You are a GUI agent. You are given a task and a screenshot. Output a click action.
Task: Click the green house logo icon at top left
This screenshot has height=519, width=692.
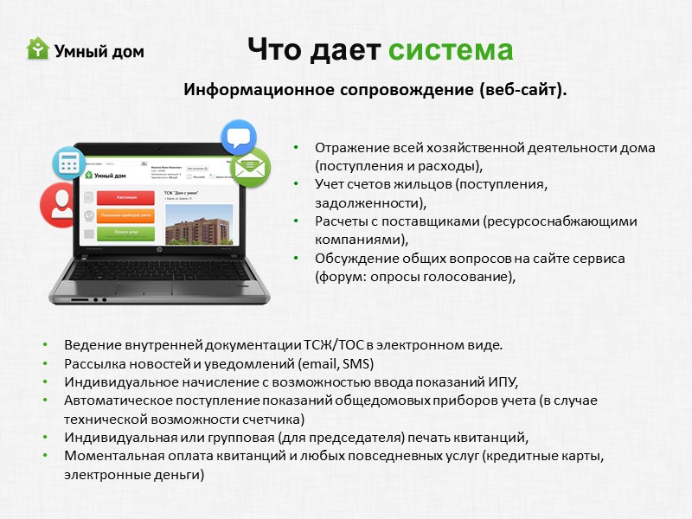coord(38,48)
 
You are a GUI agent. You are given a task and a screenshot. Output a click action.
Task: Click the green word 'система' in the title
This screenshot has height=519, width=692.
coord(450,49)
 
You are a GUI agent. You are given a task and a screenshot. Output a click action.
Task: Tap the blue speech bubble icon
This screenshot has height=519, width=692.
coord(239,138)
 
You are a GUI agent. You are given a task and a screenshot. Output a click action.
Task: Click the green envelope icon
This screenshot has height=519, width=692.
coord(251,167)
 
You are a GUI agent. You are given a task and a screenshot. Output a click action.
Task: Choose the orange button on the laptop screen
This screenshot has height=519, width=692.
coord(126,215)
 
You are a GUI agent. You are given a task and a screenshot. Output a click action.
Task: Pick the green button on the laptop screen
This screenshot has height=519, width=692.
coord(126,233)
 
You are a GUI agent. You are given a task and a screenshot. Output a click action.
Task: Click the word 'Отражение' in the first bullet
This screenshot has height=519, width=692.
coord(347,148)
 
